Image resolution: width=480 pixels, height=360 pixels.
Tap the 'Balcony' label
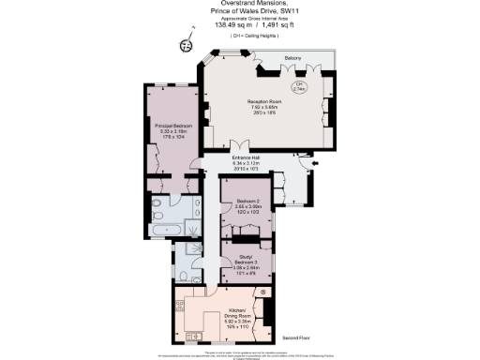click(x=292, y=58)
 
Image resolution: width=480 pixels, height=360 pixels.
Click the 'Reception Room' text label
click(x=264, y=100)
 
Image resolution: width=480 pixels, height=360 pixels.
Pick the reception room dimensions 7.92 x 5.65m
click(x=264, y=107)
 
